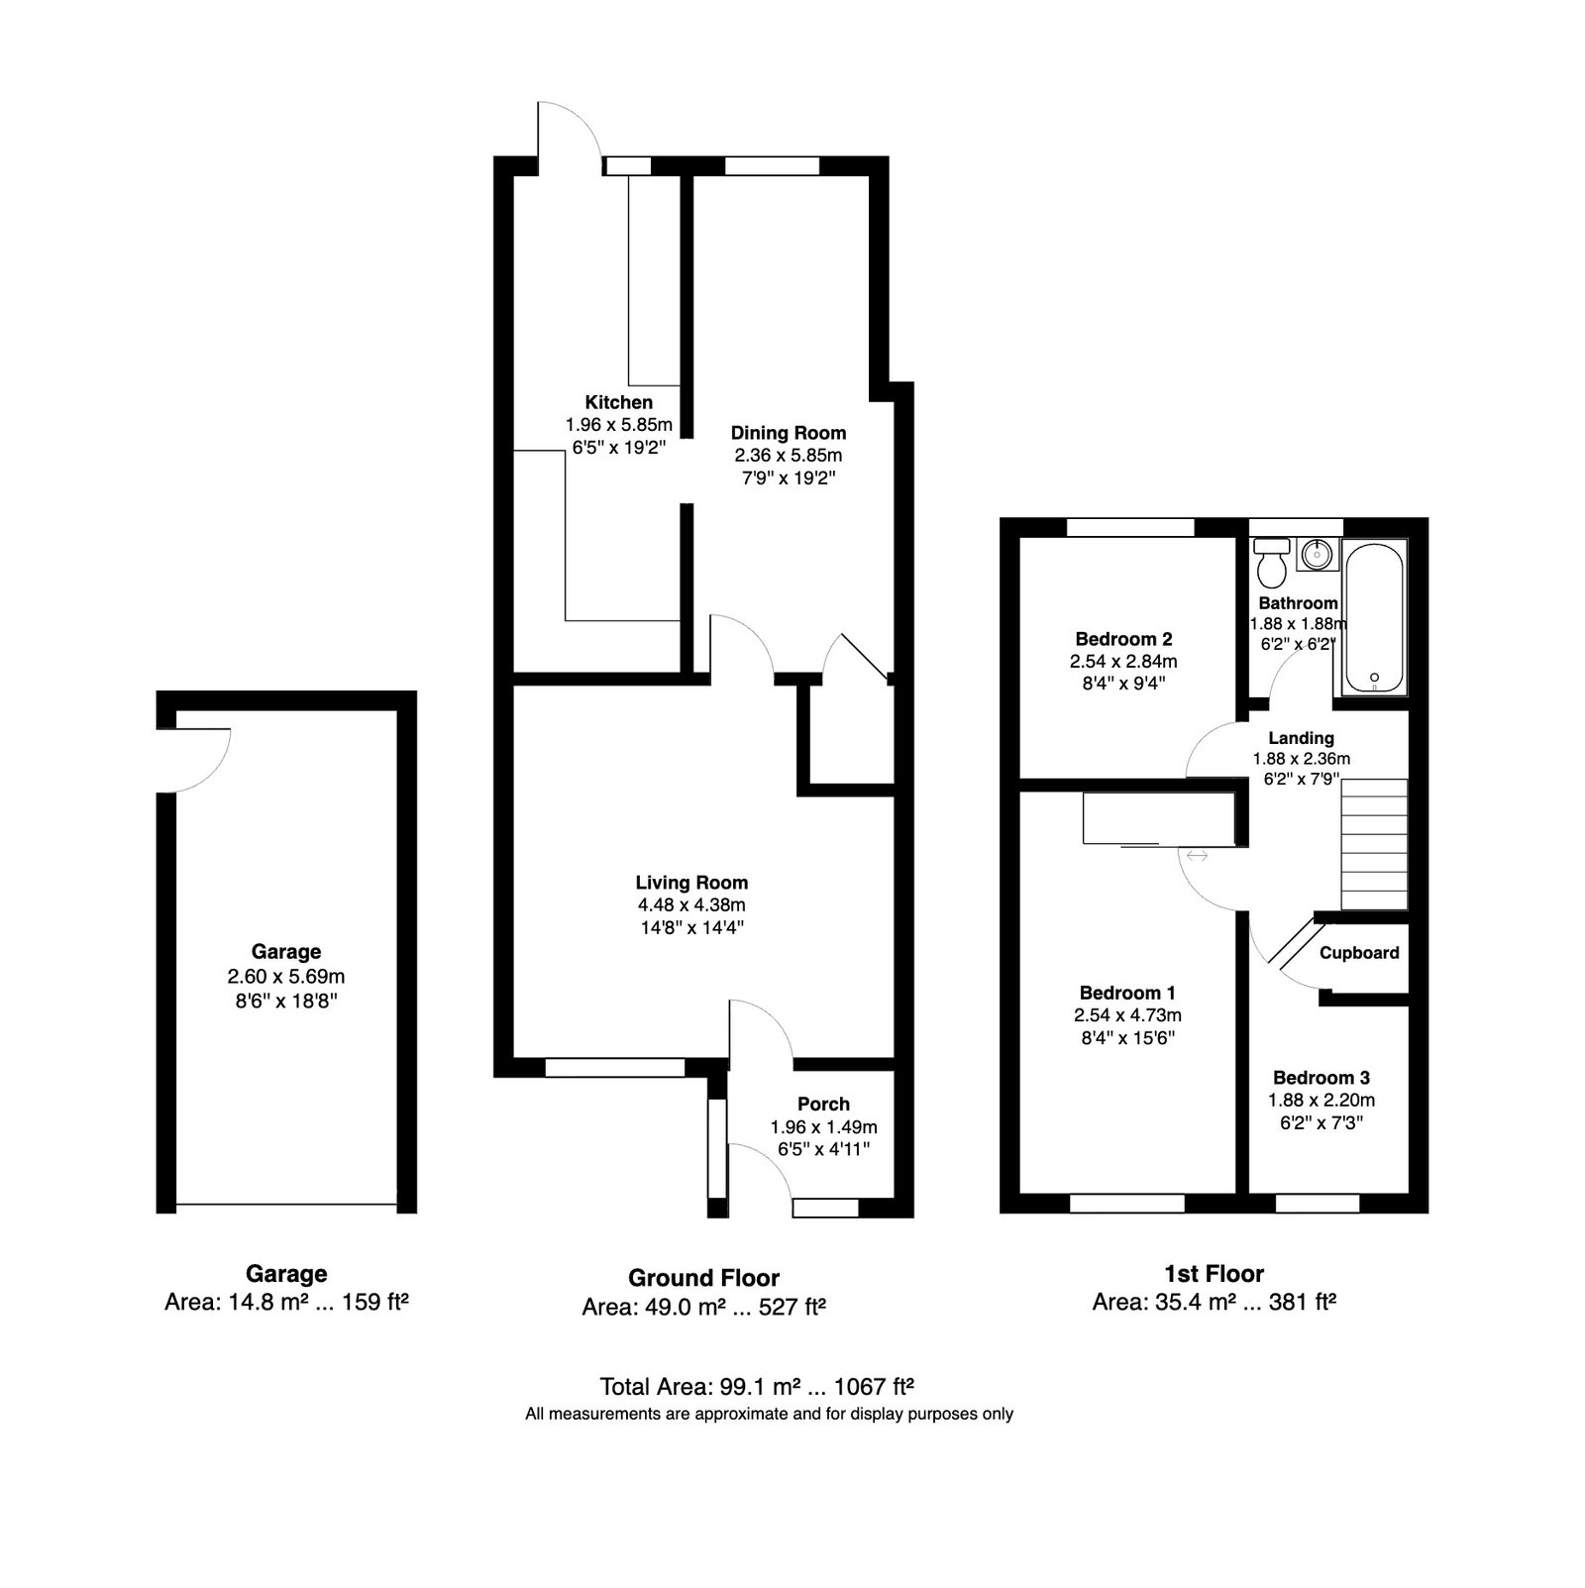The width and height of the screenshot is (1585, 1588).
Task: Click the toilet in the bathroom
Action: [x=1271, y=563]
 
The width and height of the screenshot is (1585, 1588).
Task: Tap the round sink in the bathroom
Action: [x=1318, y=555]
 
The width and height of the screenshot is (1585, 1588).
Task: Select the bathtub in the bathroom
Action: [x=1374, y=616]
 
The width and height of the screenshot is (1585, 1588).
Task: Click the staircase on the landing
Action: [x=1374, y=844]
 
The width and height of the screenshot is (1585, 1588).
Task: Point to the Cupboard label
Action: [x=1359, y=953]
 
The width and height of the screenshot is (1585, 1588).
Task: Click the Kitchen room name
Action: [x=619, y=402]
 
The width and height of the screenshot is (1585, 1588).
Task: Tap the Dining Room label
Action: [x=789, y=433]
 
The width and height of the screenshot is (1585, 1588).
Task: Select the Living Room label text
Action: [x=692, y=883]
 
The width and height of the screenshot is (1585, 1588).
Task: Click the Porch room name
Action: [x=824, y=1105]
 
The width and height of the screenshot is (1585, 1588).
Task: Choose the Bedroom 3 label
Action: [x=1321, y=1078]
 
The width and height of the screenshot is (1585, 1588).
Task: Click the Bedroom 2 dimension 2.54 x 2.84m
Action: [x=1123, y=662]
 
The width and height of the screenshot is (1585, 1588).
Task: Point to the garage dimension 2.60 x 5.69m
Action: [x=286, y=977]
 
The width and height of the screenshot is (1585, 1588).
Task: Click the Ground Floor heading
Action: [x=704, y=1279]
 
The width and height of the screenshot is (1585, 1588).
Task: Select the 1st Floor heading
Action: [x=1215, y=1274]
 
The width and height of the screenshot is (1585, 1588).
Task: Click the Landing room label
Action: [x=1302, y=738]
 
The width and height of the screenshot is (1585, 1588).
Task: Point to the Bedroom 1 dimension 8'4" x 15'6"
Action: [x=1127, y=1038]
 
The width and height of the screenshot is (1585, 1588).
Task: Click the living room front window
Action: [x=615, y=1067]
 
